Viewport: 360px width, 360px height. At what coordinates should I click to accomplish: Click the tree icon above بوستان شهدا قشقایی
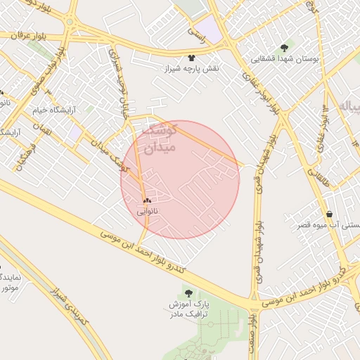[284, 48]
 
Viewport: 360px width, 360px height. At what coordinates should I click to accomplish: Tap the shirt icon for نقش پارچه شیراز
[192, 58]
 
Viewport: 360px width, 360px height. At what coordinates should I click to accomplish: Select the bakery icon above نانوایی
[147, 200]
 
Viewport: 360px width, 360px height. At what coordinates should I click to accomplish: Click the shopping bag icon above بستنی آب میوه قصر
[329, 214]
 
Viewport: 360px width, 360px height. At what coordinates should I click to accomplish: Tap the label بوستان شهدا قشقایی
[285, 59]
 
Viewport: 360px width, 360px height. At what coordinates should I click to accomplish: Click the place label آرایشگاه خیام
[55, 110]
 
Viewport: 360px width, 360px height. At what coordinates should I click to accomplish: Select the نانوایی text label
[147, 210]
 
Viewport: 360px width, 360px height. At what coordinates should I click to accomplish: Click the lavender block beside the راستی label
[212, 31]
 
